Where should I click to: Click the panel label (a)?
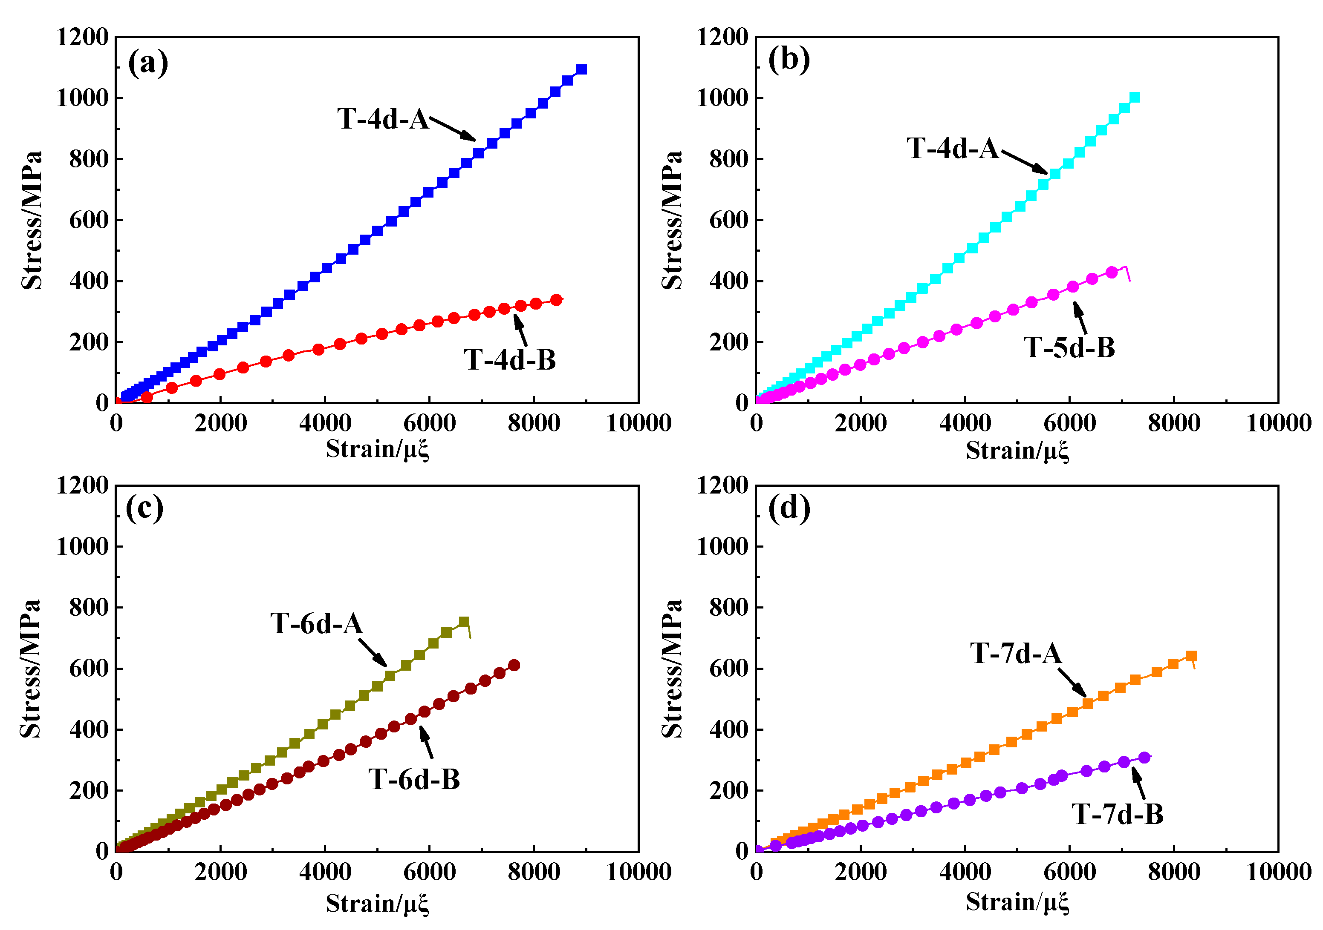148,63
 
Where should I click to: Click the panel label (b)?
789,59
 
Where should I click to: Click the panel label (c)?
144,508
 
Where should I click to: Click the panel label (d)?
789,508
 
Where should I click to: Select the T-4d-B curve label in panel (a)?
509,360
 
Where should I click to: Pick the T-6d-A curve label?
316,624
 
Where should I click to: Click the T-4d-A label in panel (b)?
953,149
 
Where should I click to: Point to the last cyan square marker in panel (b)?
1135,98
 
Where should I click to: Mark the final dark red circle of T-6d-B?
514,666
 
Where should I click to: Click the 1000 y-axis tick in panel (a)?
82,98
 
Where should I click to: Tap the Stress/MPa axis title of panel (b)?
671,220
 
